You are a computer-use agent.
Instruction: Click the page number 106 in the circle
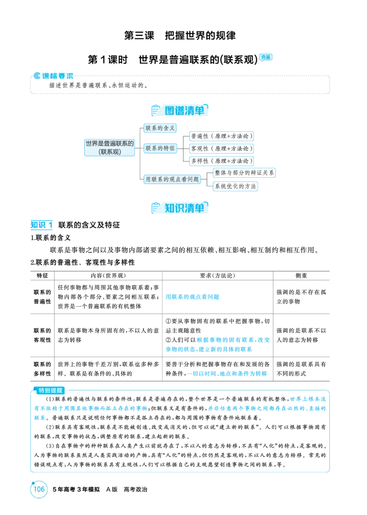pos(39,489)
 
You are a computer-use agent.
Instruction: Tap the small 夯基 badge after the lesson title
pos(266,57)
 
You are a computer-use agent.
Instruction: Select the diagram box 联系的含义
pos(160,128)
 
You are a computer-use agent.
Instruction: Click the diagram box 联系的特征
pos(160,148)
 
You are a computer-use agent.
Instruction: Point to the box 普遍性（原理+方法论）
pos(222,136)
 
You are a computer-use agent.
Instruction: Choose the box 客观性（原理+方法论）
pos(222,149)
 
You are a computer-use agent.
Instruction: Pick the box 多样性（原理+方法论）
pos(222,161)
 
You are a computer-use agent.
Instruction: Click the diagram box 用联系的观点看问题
pos(172,179)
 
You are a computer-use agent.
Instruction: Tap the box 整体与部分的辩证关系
pos(244,173)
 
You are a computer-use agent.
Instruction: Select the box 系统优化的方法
pos(235,186)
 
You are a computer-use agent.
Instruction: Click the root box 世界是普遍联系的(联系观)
pos(110,148)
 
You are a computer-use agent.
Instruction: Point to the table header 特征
pos(42,276)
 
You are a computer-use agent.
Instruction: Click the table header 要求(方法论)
pos(217,276)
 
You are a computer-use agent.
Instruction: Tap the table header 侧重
pos(301,276)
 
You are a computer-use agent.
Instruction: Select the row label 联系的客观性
pos(42,335)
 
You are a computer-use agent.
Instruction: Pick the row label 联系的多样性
pos(42,369)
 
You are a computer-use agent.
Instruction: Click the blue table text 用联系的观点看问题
pos(192,297)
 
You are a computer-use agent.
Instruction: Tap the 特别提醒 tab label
pos(50,391)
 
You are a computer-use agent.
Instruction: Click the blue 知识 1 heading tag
pos(41,225)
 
